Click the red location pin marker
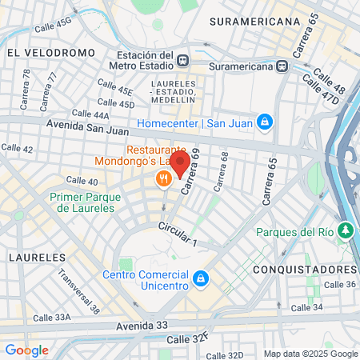(x=181, y=165)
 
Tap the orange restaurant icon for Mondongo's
(x=164, y=179)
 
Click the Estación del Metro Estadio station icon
(x=184, y=59)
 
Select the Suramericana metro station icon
(x=282, y=66)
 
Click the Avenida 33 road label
(x=119, y=326)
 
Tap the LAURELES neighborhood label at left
(x=36, y=258)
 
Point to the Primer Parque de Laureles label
(x=82, y=202)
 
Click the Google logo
(x=26, y=350)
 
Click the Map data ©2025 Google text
(x=310, y=354)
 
